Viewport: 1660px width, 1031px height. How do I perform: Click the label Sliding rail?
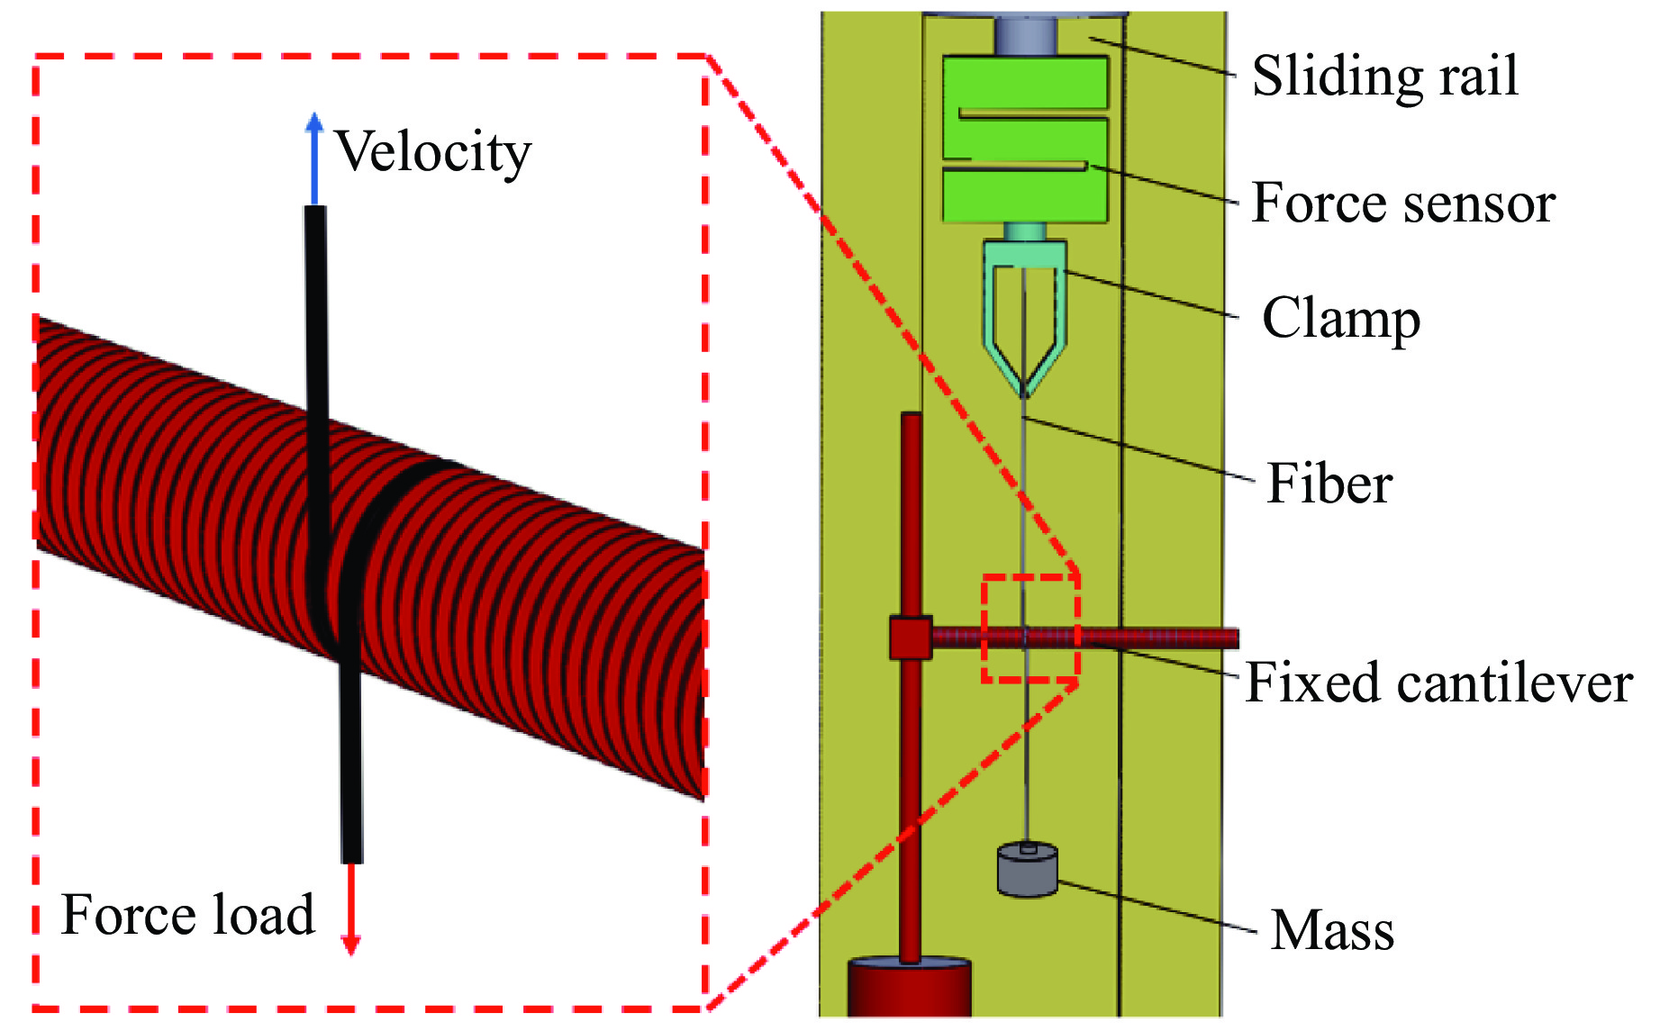click(x=1384, y=76)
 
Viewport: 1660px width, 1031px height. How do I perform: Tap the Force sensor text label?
click(x=1402, y=203)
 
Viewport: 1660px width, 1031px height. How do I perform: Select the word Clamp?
click(x=1340, y=319)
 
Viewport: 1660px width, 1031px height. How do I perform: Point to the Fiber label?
click(x=1329, y=484)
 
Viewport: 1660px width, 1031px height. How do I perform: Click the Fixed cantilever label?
click(x=1438, y=683)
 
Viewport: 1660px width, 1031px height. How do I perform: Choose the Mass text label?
click(x=1331, y=930)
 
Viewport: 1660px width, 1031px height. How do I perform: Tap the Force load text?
click(x=187, y=915)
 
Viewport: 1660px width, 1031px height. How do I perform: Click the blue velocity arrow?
click(x=313, y=158)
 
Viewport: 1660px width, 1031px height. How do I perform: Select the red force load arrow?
click(x=351, y=909)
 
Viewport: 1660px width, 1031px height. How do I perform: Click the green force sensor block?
click(x=1025, y=140)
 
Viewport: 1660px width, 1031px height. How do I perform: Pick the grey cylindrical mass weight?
click(x=1027, y=870)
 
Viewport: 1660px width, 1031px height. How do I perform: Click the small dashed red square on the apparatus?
click(x=1030, y=628)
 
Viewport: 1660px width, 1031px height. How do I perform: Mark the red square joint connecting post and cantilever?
click(x=910, y=638)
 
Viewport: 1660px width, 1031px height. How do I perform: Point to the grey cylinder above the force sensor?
click(x=1025, y=36)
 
